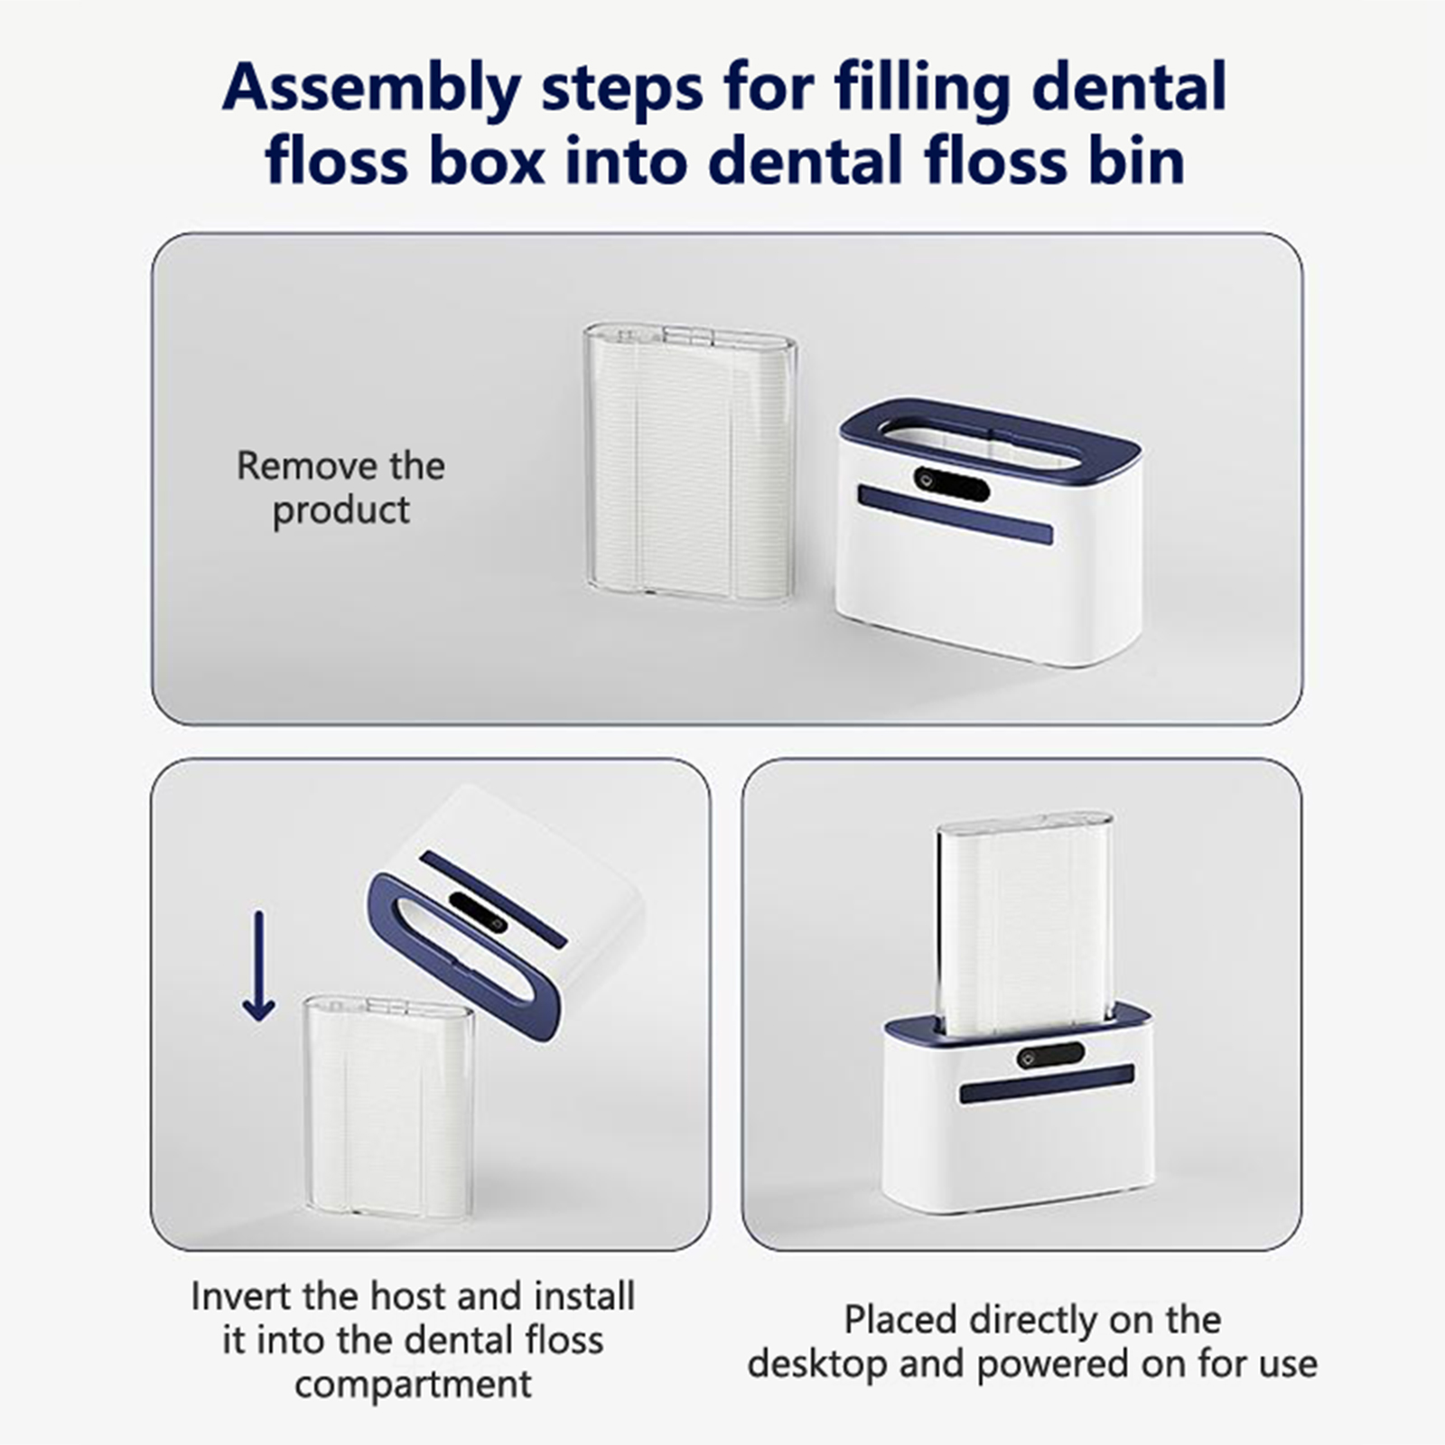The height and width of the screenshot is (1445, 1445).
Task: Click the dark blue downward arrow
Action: (259, 965)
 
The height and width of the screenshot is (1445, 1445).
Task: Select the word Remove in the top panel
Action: (304, 466)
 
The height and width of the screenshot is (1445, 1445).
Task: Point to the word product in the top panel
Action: (341, 511)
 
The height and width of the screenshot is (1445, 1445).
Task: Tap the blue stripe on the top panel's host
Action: (955, 515)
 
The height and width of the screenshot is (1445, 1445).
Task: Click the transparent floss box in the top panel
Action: (690, 462)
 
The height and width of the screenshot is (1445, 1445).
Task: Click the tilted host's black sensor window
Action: (479, 913)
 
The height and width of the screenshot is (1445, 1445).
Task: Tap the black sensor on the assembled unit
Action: (1050, 1055)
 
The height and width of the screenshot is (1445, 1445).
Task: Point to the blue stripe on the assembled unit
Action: (1047, 1084)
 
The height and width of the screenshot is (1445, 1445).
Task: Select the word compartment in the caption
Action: (414, 1384)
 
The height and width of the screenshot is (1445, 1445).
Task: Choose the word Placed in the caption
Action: (900, 1319)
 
